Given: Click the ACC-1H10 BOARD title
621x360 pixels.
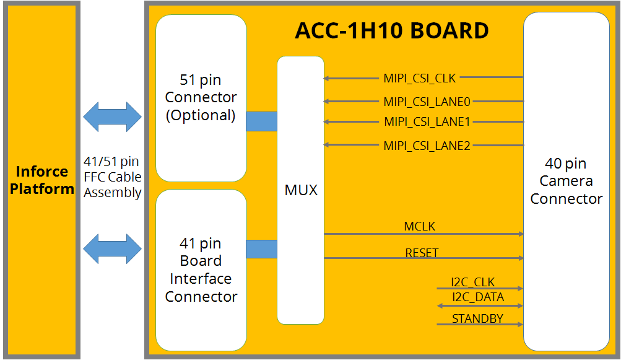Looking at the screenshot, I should pos(392,30).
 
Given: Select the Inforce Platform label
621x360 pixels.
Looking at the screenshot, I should pos(42,180).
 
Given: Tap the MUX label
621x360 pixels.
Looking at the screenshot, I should pos(301,190).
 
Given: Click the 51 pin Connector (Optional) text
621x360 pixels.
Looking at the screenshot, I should pos(201,98).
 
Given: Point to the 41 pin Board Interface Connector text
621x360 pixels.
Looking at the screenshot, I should pos(201,270).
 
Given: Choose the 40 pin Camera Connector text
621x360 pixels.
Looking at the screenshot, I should pos(566,181).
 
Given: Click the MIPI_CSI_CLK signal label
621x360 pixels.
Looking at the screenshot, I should pos(419,78).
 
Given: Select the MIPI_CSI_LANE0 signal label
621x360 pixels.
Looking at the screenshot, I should pos(427,102).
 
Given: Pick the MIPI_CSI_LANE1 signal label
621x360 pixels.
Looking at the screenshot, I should pos(427,122).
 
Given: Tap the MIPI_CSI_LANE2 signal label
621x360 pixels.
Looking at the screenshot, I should pos(427,146).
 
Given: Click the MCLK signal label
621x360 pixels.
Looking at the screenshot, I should pos(419,227).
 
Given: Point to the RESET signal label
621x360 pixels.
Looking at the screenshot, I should pos(422,253).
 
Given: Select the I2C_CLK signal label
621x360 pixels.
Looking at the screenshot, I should pos(473,283).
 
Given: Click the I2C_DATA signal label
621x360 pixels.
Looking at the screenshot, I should pos(477,297).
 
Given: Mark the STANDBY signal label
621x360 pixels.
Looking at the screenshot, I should pos(477,319).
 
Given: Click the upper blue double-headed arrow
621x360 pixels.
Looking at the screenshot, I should pos(113,116).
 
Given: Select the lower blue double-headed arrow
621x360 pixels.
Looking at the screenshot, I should pos(113,248).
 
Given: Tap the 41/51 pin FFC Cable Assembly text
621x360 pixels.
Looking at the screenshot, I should pos(113,177).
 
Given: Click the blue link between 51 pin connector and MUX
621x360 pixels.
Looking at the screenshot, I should pos(261,121).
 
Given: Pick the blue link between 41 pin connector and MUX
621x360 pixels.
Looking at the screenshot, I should pos(261,249).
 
